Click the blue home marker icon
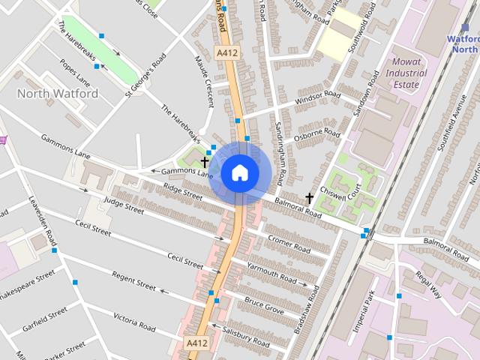240,173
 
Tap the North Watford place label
57,94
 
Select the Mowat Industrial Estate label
406,73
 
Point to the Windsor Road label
318,98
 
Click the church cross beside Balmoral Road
309,198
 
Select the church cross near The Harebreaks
205,161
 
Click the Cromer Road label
289,245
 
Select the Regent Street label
133,282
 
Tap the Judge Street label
123,204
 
